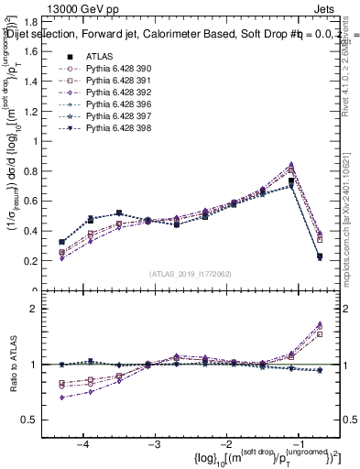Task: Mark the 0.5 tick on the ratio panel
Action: tap(43, 420)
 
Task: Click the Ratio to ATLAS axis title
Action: tap(16, 364)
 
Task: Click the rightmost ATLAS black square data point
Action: tap(320, 257)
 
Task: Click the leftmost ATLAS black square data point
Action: tap(62, 242)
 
